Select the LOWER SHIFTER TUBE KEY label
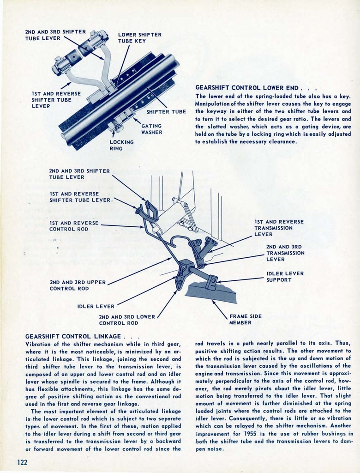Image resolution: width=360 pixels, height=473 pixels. [139, 37]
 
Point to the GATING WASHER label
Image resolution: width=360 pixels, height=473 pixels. [151, 129]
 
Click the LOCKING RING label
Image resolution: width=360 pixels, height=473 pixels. [121, 145]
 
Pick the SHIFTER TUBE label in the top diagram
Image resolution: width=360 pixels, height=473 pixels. [166, 111]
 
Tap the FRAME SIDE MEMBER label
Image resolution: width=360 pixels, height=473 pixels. [245, 319]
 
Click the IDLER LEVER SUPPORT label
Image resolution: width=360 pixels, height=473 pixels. [285, 276]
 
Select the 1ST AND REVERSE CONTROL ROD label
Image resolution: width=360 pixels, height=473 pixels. [73, 225]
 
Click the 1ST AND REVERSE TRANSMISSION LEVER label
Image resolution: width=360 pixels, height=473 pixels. [279, 228]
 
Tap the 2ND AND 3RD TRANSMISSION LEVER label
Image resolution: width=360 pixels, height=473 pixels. [285, 253]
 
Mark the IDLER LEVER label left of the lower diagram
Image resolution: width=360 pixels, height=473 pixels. [96, 306]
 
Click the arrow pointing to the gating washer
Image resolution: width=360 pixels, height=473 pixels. [137, 121]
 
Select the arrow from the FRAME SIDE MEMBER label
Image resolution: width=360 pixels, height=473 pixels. [220, 309]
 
